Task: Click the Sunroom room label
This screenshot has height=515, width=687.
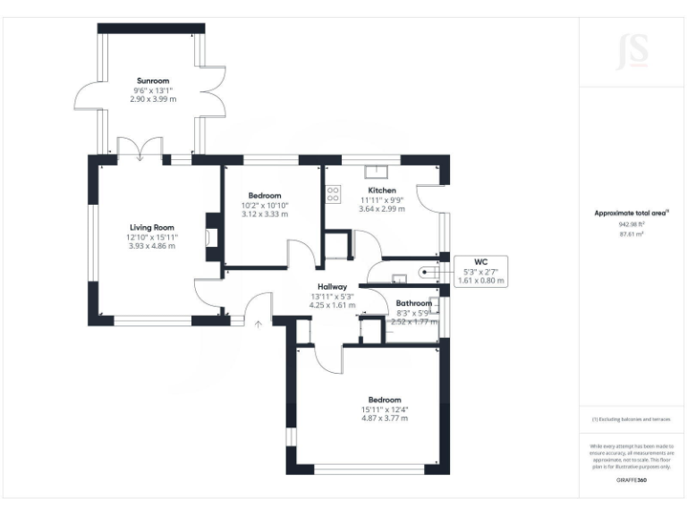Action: click(x=152, y=80)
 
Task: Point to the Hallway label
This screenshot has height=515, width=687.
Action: click(x=331, y=286)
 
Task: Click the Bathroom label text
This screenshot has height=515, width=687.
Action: click(x=414, y=304)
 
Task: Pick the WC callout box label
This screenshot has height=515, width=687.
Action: click(x=480, y=262)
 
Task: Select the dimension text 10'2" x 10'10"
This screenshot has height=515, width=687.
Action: click(x=265, y=205)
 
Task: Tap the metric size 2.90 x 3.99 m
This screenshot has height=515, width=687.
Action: click(x=152, y=98)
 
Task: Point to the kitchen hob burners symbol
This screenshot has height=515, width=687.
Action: click(x=334, y=192)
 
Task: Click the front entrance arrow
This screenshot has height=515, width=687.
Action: click(x=258, y=323)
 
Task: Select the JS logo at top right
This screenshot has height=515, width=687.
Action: click(x=632, y=51)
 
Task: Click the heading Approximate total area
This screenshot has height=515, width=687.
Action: click(x=631, y=213)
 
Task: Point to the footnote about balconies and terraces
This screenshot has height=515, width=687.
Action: click(x=632, y=419)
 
